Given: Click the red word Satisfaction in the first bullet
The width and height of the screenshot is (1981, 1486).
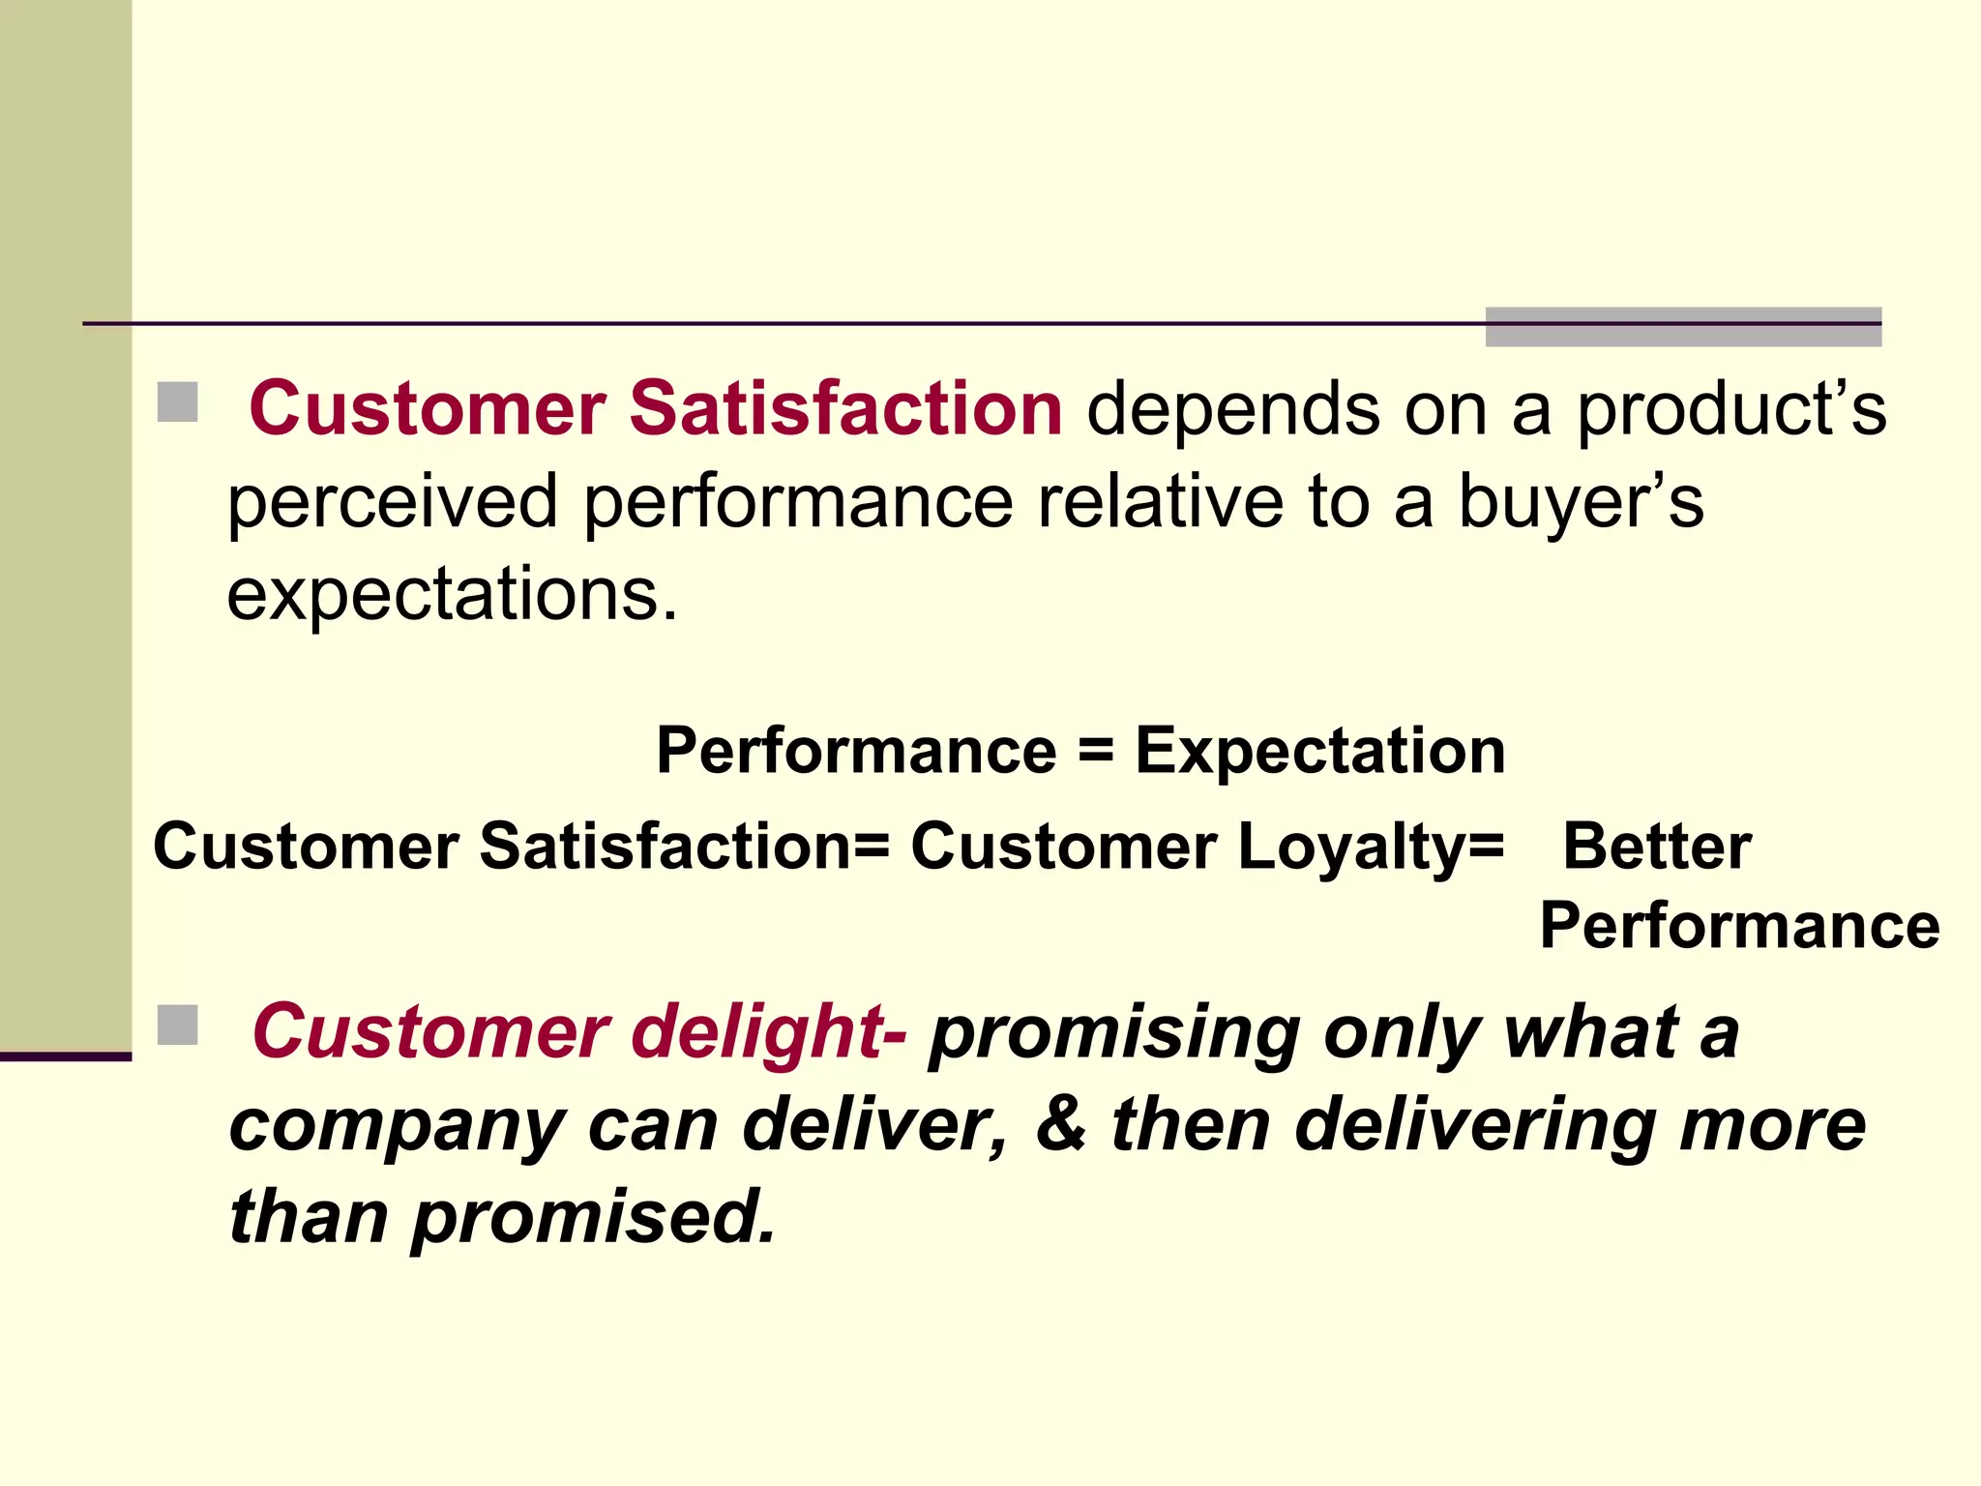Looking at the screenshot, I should point(846,408).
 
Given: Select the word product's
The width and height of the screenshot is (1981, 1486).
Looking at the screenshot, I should point(1731,410).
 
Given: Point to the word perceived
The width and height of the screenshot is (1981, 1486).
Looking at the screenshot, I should point(393,503).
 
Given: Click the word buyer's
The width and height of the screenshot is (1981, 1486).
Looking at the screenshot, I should point(1581,503).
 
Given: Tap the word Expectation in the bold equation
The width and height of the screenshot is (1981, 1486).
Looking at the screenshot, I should point(1320,751).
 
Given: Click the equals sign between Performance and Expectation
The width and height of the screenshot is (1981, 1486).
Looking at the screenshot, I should point(1096,751).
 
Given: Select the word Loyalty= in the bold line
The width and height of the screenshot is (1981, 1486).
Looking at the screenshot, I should point(1371,847).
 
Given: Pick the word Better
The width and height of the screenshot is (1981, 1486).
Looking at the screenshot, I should point(1657,847).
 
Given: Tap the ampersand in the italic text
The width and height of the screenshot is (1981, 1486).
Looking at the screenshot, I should point(1061,1124).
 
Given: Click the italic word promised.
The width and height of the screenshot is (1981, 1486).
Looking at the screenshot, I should point(595,1217).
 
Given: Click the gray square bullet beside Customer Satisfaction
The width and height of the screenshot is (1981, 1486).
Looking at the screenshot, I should point(177,402).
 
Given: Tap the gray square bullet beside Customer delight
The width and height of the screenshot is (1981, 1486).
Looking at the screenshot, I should point(177,1025).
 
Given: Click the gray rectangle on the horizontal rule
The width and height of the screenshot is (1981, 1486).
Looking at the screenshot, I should point(1683,327).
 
